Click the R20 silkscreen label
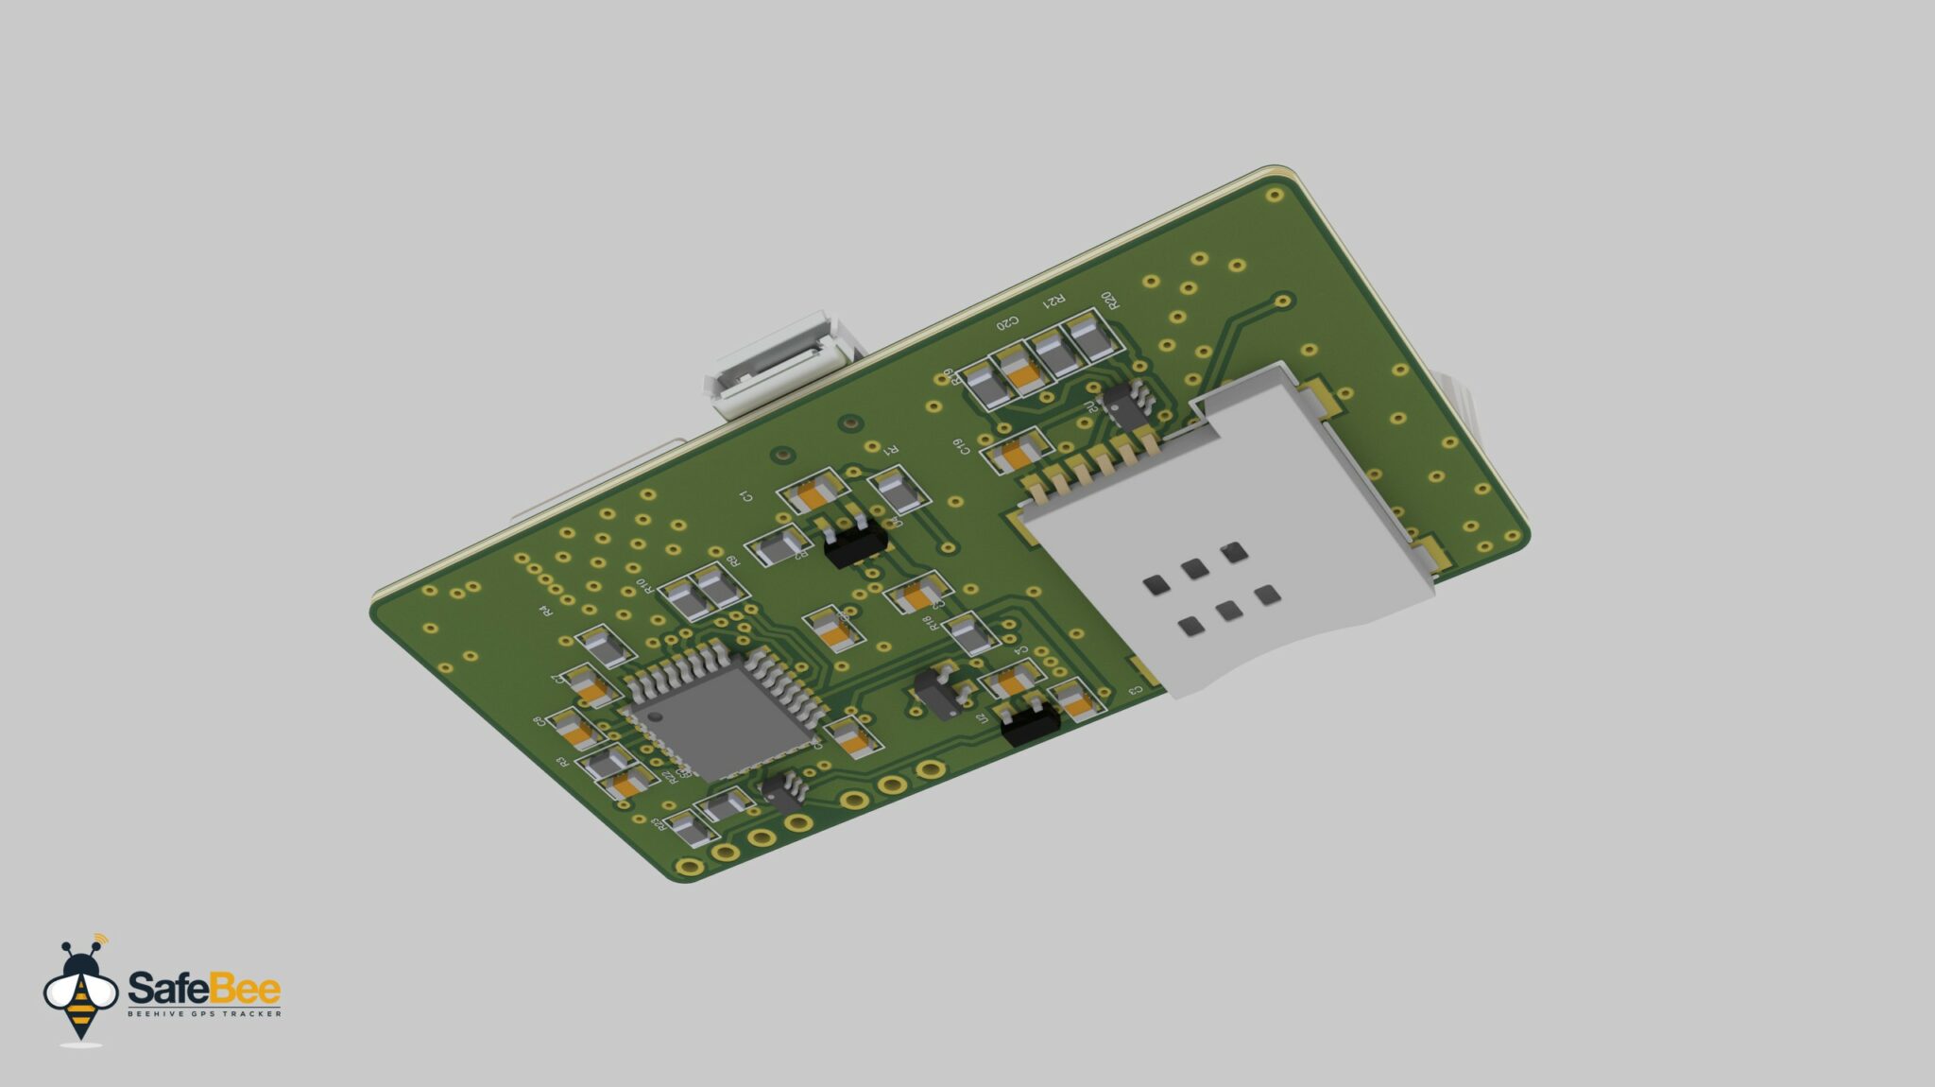point(1109,301)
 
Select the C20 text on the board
point(1008,322)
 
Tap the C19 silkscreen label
point(961,445)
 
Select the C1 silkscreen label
point(745,496)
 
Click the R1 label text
point(889,451)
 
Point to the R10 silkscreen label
point(643,587)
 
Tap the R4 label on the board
point(544,611)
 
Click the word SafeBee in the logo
point(204,989)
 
